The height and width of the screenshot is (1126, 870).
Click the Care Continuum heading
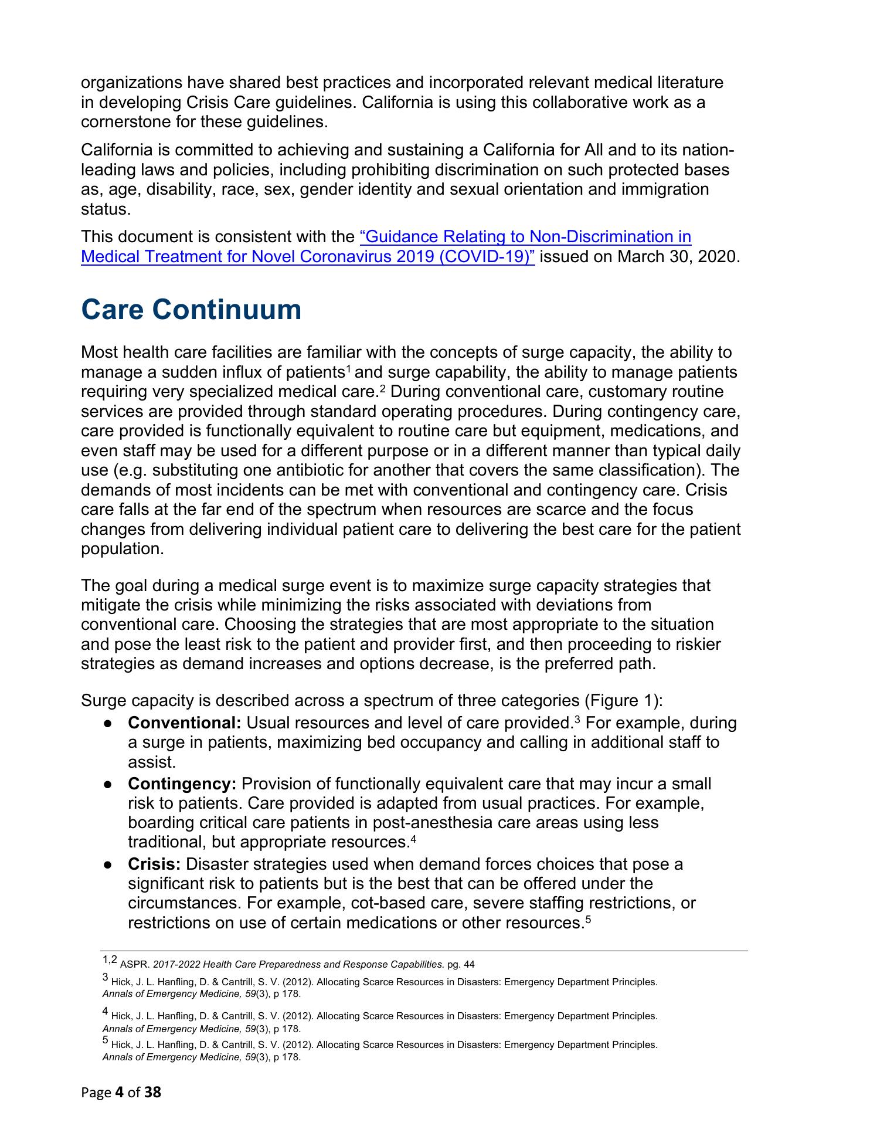(x=191, y=310)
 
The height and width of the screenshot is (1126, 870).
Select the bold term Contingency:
(x=182, y=784)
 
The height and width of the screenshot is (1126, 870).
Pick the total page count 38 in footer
(x=152, y=1092)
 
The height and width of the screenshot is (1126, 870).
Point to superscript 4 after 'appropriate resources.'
(x=413, y=839)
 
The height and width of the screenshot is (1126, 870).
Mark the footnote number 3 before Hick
(x=106, y=978)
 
